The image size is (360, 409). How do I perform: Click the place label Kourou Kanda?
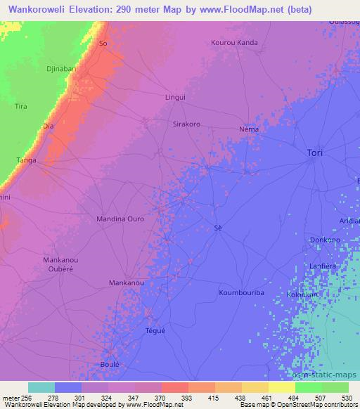pyautogui.click(x=234, y=43)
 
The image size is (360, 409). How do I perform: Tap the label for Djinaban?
pyautogui.click(x=61, y=70)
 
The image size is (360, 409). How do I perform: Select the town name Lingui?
pyautogui.click(x=174, y=97)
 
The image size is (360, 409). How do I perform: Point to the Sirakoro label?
pyautogui.click(x=186, y=124)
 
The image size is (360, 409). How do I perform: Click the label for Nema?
pyautogui.click(x=249, y=129)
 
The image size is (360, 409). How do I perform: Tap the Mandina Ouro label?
pyautogui.click(x=120, y=219)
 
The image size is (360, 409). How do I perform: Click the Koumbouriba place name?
pyautogui.click(x=240, y=292)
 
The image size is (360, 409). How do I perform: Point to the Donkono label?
pyautogui.click(x=325, y=240)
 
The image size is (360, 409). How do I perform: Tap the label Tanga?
pyautogui.click(x=27, y=160)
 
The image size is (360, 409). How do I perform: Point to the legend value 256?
pyautogui.click(x=26, y=398)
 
